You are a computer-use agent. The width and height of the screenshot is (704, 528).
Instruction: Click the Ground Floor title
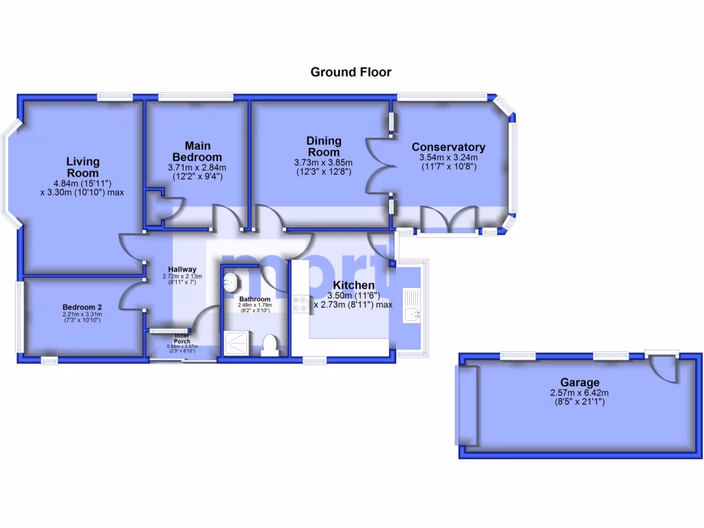coord(351,72)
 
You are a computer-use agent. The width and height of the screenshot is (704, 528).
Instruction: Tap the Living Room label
coord(83,167)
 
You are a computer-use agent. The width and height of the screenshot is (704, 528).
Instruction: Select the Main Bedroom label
coord(198,151)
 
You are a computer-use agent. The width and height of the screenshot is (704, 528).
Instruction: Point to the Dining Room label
coord(323,146)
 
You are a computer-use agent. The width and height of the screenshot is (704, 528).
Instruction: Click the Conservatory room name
coord(448,147)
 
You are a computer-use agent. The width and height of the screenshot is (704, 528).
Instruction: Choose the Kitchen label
coord(354,285)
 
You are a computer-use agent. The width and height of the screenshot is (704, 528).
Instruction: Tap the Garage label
coord(580,382)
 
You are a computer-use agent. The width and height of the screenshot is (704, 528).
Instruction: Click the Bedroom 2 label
coord(82,307)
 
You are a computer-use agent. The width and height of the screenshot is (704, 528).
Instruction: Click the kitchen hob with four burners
coord(300,305)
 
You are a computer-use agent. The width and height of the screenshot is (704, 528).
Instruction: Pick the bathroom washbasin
coord(230,280)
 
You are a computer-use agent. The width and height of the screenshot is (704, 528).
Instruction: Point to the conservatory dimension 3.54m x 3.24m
coord(448,157)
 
